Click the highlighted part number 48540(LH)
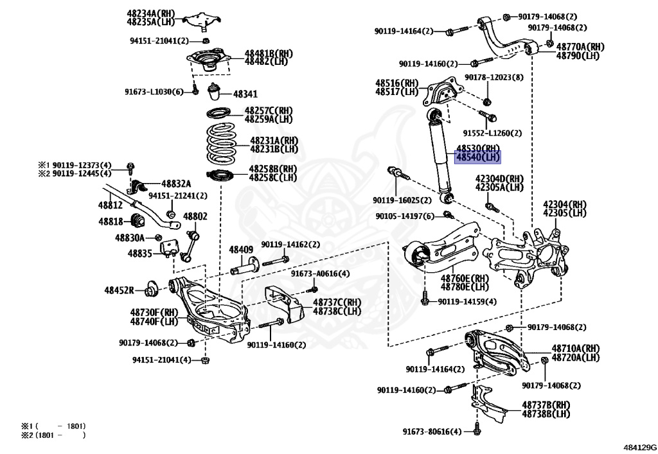477,157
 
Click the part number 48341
245,94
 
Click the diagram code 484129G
639,446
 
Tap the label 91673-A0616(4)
320,274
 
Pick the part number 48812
110,205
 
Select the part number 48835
139,254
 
